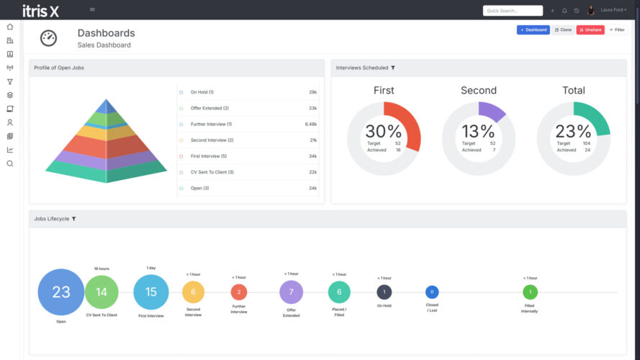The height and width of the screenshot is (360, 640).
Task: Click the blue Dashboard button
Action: click(x=533, y=30)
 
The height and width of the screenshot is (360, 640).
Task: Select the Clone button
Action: click(x=563, y=30)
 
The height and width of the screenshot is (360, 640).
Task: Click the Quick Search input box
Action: click(x=513, y=11)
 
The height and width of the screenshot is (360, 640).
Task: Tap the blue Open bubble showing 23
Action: click(x=61, y=292)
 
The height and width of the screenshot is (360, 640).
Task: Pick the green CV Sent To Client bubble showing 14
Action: click(x=102, y=292)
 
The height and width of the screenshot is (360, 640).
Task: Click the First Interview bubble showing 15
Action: click(x=151, y=292)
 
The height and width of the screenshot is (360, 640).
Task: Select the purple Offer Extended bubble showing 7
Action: click(x=291, y=292)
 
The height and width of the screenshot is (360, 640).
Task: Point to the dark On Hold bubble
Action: click(x=384, y=292)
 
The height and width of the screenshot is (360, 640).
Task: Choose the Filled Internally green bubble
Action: click(x=530, y=292)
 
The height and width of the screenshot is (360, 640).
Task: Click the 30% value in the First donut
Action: click(x=384, y=132)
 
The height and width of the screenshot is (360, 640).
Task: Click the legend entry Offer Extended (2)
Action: click(x=209, y=108)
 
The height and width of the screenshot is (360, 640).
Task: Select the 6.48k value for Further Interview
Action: click(x=311, y=124)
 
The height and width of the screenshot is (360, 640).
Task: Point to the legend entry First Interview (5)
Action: click(x=208, y=156)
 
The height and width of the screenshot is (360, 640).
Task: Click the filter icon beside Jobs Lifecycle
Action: click(x=74, y=219)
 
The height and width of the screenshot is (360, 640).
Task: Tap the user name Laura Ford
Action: click(x=613, y=11)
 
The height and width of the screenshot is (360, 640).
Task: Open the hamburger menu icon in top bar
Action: click(x=92, y=9)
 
